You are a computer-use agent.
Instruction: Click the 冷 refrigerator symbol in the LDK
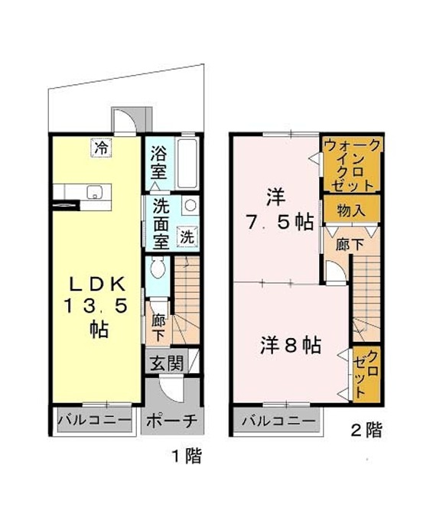coord(101,148)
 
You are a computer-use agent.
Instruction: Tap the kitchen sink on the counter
coord(94,192)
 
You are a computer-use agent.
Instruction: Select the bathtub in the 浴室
coord(187,164)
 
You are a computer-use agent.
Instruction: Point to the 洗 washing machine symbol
coord(187,236)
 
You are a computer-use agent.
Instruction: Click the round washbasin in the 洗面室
coord(190,206)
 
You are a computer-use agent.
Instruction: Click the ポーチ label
coord(171,421)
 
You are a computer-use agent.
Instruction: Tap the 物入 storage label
coord(350,210)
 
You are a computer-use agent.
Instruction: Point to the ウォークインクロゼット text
coord(352,164)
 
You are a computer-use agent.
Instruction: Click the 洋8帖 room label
coord(291,346)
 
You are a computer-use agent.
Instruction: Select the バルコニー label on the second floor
coord(278,420)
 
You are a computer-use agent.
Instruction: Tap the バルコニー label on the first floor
coord(95,419)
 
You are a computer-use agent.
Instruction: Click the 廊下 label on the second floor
coord(350,245)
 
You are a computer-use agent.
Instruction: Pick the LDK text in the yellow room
coord(97,285)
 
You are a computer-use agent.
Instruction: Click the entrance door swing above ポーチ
coord(171,387)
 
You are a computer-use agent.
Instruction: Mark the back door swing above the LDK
coord(125,121)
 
